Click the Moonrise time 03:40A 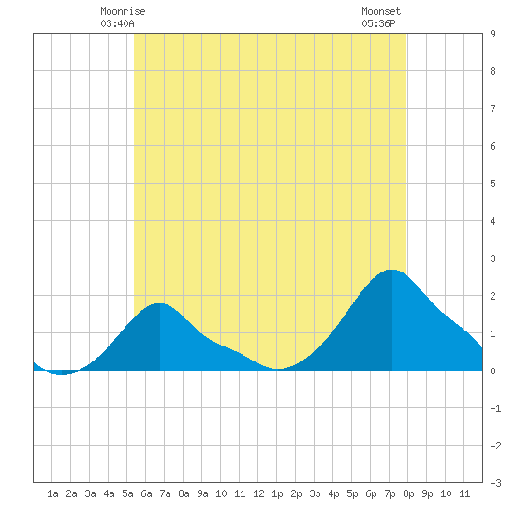tap(117, 23)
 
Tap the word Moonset tap(381, 11)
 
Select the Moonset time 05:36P tap(378, 23)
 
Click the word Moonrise tap(123, 11)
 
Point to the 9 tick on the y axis tap(493, 34)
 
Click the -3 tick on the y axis tap(495, 483)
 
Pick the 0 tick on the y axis tap(493, 371)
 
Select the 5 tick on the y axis tap(493, 184)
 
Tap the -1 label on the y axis tap(495, 408)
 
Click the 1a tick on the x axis tap(52, 493)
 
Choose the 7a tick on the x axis tap(165, 493)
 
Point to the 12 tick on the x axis tap(258, 493)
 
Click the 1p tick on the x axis tap(277, 493)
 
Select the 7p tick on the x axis tap(390, 493)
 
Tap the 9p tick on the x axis tap(427, 493)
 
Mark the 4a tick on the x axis tap(109, 493)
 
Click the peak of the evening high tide tap(392, 270)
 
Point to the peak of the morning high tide tap(159, 303)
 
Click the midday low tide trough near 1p tap(277, 369)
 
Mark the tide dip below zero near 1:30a tap(62, 373)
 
